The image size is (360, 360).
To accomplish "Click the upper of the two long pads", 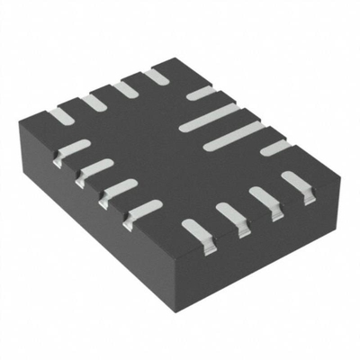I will (209, 118).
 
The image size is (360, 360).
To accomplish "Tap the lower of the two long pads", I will (233, 136).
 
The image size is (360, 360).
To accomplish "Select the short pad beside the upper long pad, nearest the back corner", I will (200, 93).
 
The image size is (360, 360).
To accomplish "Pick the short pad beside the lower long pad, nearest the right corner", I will (275, 148).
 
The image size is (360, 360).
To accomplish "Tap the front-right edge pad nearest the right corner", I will (296, 183).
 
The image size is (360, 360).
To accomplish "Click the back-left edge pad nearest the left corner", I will (59, 115).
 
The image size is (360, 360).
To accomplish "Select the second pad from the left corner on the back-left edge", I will (93, 102).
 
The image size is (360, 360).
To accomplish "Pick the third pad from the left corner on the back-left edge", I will (125, 88).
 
